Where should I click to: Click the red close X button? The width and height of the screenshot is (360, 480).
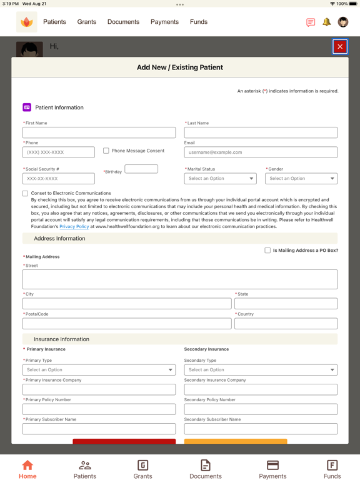[340, 46]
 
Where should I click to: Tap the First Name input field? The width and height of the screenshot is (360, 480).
[99, 132]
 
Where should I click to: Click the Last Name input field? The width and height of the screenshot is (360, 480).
[261, 132]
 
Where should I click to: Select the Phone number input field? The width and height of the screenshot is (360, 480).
[59, 152]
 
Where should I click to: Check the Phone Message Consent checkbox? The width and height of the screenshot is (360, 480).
[106, 151]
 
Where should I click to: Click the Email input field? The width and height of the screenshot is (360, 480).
[261, 152]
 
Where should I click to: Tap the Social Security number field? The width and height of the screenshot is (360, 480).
[59, 179]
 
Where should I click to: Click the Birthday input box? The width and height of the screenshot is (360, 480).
[141, 169]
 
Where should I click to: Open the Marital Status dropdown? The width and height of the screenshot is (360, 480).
[220, 179]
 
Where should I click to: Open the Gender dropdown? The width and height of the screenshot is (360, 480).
[301, 179]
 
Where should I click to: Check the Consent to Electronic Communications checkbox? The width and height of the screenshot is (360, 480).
[26, 194]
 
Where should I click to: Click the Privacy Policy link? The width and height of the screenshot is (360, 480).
[74, 227]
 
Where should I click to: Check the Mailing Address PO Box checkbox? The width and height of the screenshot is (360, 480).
[267, 251]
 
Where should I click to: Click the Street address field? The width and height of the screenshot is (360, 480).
[180, 279]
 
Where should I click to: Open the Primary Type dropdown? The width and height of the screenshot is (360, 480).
[99, 370]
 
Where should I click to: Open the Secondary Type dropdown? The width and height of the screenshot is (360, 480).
[261, 370]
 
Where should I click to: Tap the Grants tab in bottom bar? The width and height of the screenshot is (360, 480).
[142, 469]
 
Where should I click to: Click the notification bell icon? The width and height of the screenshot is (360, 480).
[326, 22]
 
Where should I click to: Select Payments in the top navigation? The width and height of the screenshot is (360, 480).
[164, 22]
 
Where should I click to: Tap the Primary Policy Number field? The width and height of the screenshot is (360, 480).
[99, 409]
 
